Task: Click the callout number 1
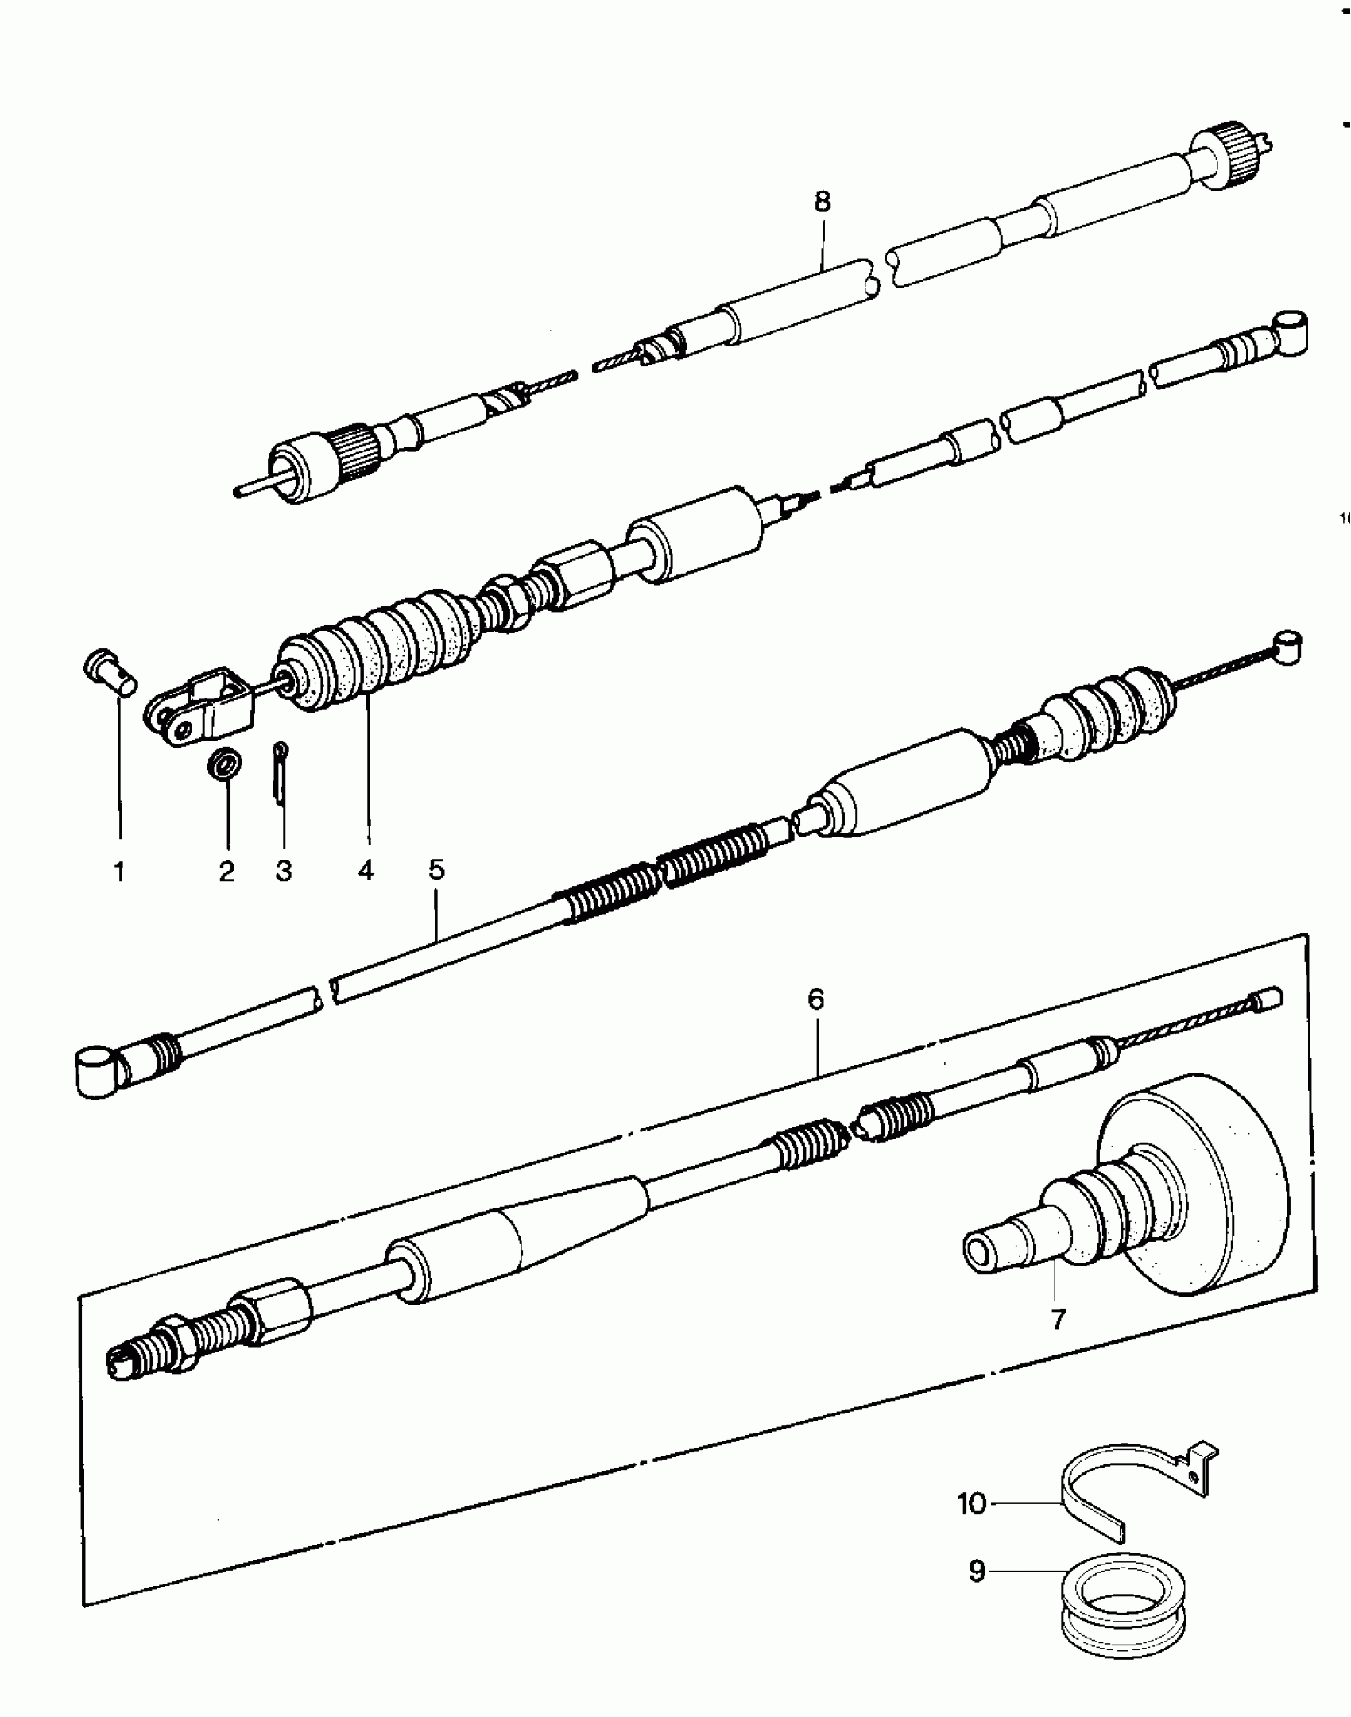point(119,872)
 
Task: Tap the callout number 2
point(227,872)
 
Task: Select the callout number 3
point(284,872)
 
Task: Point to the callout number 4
point(366,872)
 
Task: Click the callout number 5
point(436,869)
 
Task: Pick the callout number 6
point(816,999)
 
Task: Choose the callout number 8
point(823,202)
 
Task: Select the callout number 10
point(971,1503)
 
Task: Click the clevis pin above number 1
point(110,672)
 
